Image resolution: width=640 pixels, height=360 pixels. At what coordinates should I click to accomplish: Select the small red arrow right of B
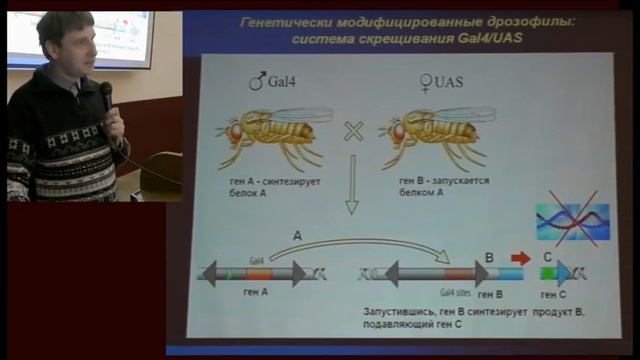pos(520,258)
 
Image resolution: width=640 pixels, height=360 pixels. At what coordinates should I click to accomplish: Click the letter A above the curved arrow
pos(296,236)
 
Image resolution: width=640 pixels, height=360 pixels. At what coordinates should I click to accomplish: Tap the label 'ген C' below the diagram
pos(555,296)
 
